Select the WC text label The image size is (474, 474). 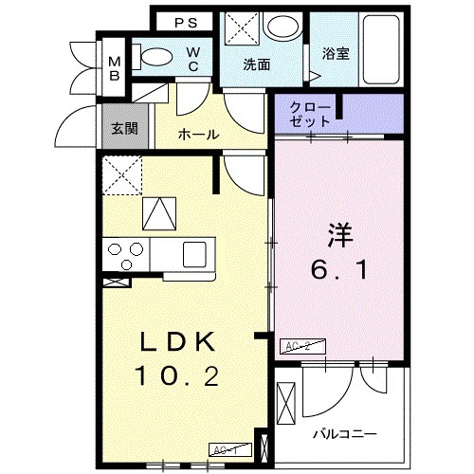pos(192,59)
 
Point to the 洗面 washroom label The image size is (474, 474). pos(256,65)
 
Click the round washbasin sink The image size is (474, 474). pos(281,27)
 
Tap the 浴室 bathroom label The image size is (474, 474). pos(335,53)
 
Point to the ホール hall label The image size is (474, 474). pos(199,136)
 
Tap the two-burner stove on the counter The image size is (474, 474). pos(125,253)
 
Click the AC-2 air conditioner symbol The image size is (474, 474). pos(297,348)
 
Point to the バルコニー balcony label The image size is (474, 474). pos(345,433)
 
